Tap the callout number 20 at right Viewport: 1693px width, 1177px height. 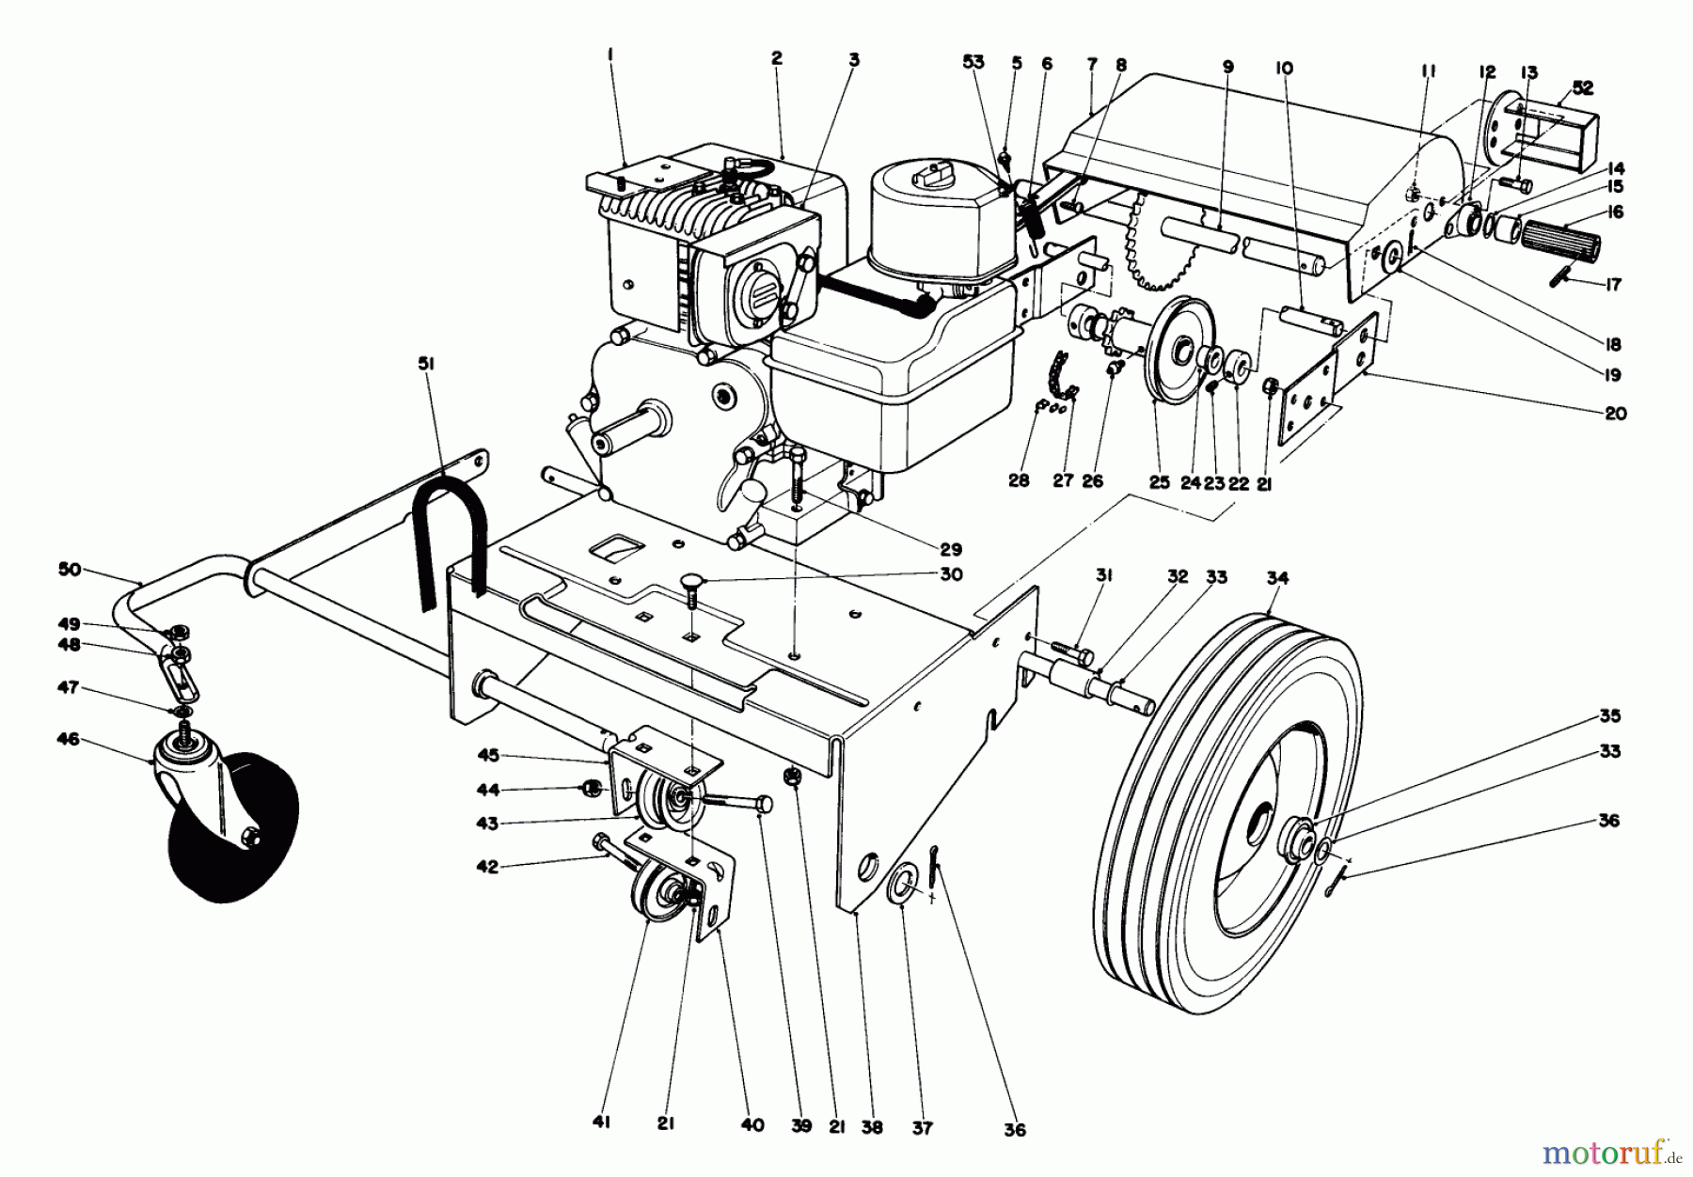click(x=1615, y=413)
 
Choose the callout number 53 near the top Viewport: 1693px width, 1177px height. click(x=973, y=63)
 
